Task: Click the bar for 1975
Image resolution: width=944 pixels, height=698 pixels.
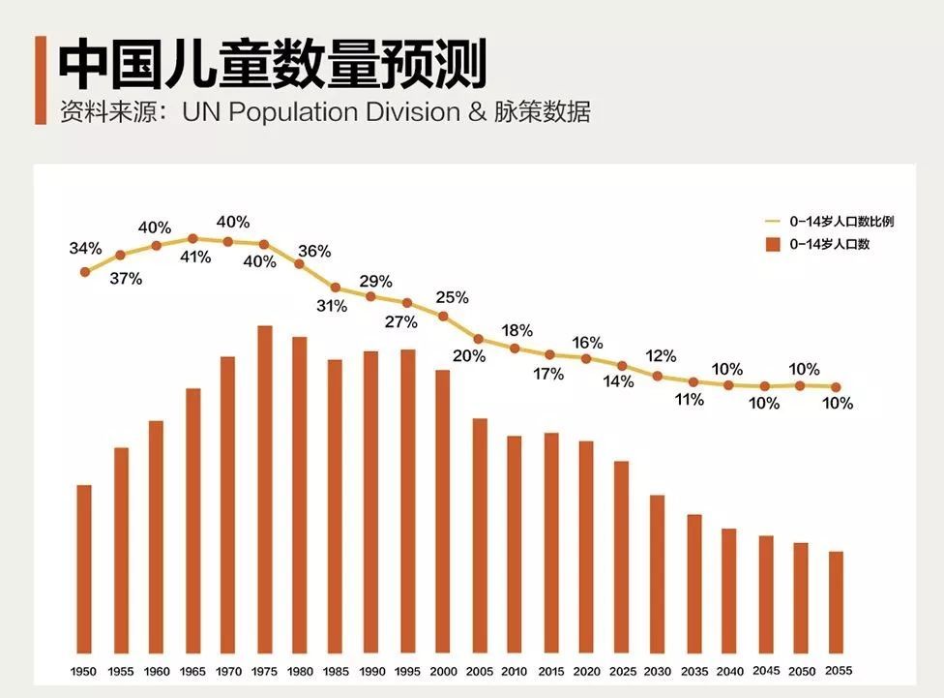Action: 264,489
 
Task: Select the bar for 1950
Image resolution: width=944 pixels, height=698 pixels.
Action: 84,568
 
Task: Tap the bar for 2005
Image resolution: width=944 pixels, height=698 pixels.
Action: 480,535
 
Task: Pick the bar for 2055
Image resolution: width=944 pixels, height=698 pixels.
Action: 836,602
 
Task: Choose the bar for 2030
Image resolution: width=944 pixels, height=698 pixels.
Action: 658,574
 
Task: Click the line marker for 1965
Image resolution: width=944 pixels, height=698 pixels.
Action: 192,238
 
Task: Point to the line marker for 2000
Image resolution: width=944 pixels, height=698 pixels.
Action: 443,317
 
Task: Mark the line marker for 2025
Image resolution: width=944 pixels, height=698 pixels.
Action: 622,366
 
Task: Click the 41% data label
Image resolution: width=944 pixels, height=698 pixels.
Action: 194,258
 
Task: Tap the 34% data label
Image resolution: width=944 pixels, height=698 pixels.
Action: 85,249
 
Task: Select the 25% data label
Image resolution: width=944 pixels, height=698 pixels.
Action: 452,297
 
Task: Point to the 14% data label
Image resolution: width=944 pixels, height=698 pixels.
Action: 618,381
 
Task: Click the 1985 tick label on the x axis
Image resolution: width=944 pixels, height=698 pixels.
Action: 337,671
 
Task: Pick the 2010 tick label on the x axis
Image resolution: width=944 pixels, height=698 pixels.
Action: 515,671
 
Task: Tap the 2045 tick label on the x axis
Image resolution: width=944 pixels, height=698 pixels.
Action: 765,670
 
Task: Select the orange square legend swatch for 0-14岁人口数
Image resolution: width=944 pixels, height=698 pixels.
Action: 772,245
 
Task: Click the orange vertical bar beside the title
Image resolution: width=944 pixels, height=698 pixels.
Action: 41,80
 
